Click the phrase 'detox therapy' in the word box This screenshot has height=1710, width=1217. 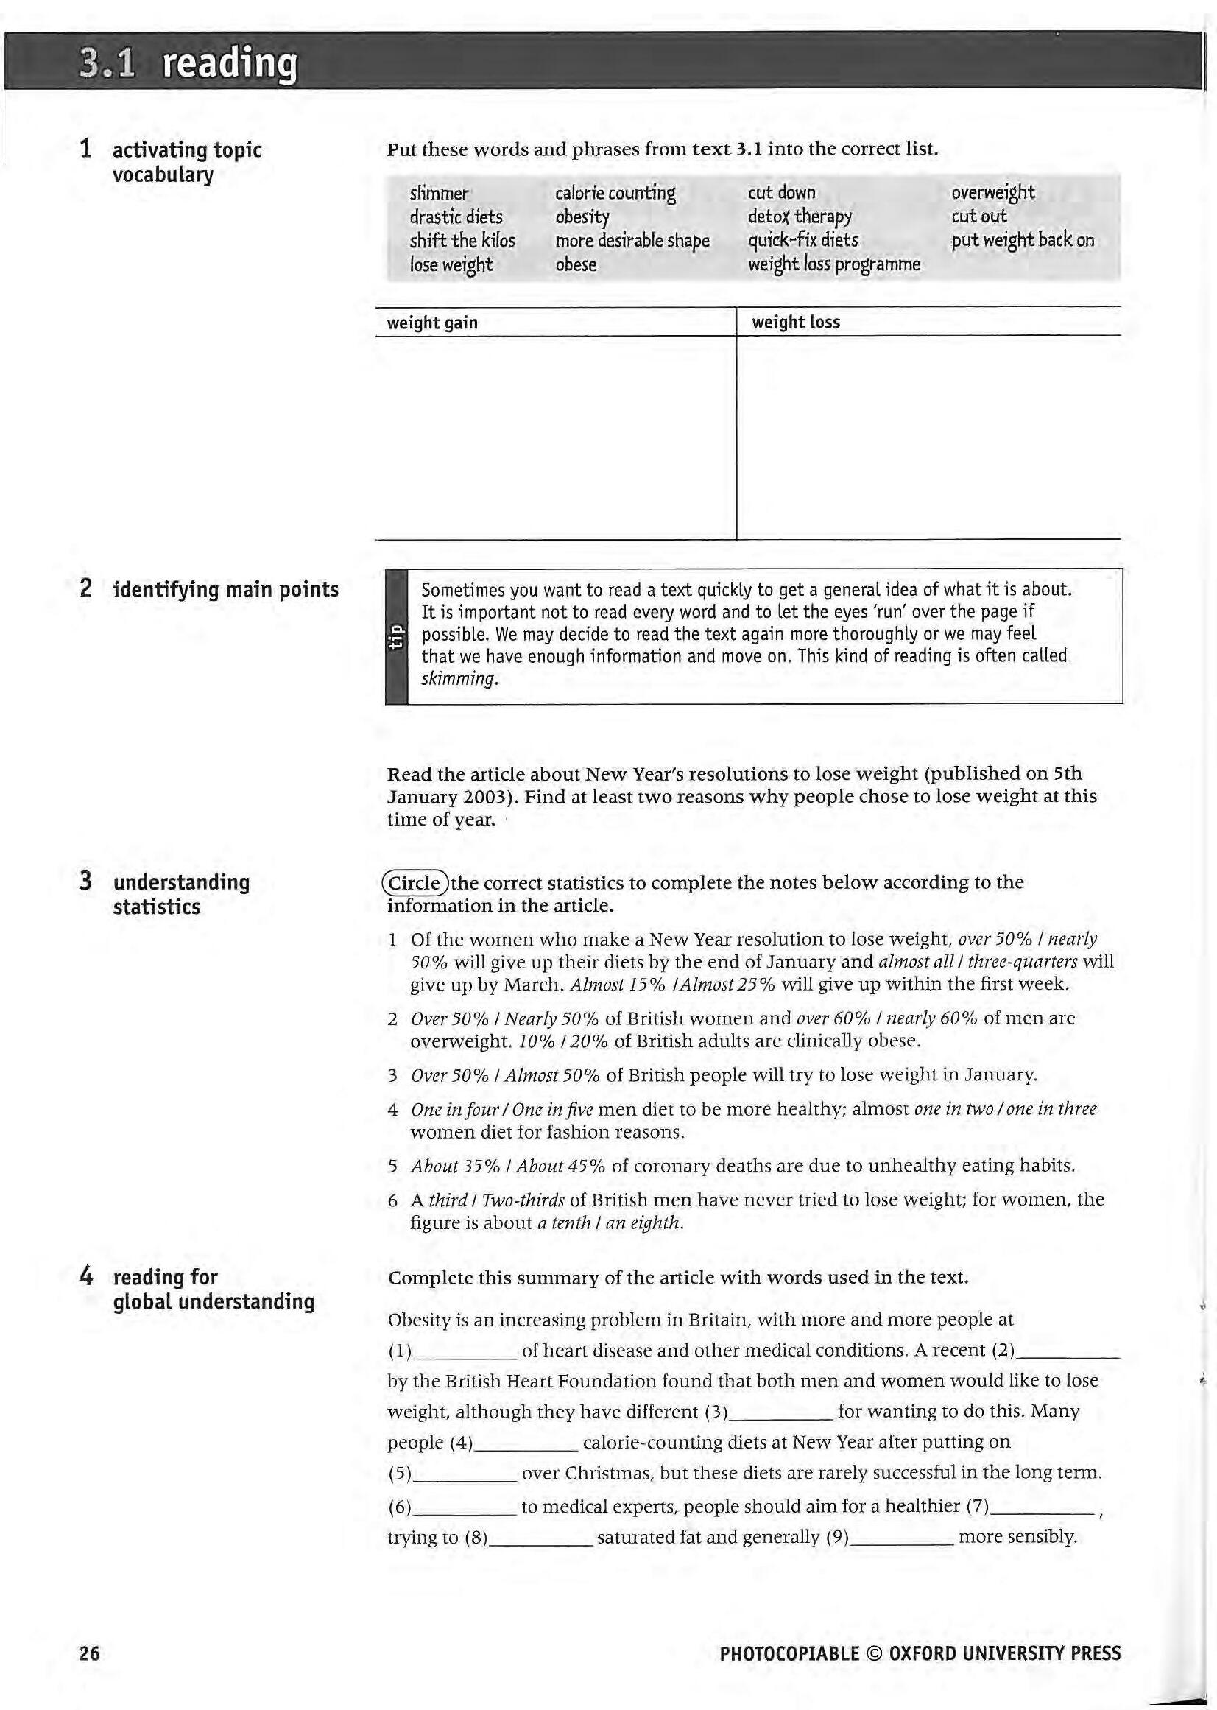coord(800,217)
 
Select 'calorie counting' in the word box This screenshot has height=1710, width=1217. coord(615,194)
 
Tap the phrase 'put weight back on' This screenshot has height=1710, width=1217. coord(1022,241)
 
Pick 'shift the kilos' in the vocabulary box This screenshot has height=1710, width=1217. coord(462,241)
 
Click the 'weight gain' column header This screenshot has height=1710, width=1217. coord(431,323)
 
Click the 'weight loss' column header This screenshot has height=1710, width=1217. coord(795,323)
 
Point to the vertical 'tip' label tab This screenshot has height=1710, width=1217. coord(395,636)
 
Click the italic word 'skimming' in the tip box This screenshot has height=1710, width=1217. coord(459,679)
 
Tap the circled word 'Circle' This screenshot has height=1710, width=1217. coord(415,882)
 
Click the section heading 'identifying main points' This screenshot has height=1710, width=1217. coord(225,589)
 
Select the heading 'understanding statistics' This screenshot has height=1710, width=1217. coord(180,893)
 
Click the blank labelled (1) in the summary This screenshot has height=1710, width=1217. coord(465,1351)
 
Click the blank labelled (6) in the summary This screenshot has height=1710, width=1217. coord(465,1506)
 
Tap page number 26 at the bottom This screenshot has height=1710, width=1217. coord(89,1653)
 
